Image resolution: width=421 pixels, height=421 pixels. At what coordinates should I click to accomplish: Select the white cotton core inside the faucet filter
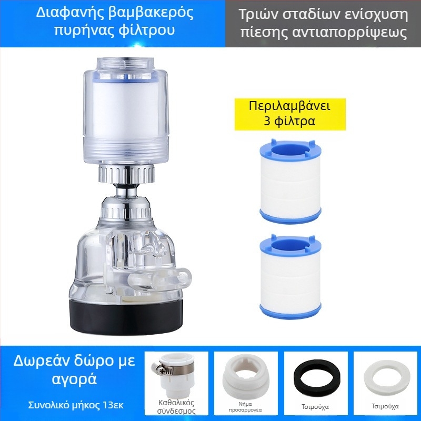(x=127, y=111)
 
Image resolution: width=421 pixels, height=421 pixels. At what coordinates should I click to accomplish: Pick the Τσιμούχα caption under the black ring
(x=316, y=406)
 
